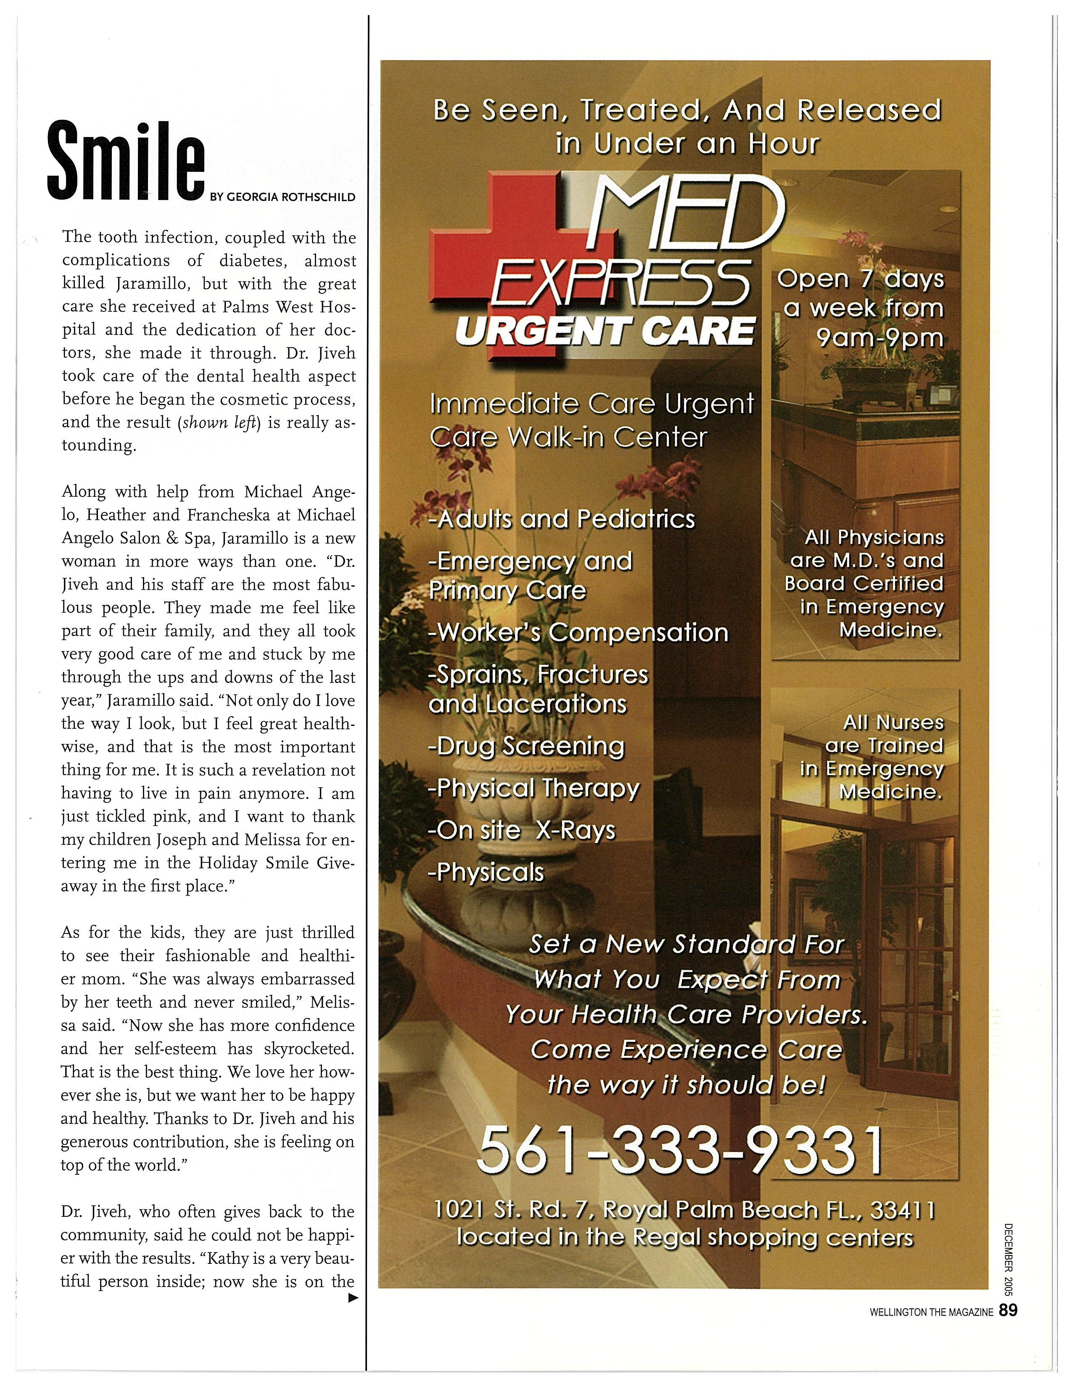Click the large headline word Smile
tap(126, 161)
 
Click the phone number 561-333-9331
tap(679, 1150)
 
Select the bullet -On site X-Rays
tap(522, 830)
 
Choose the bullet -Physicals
tap(486, 872)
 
